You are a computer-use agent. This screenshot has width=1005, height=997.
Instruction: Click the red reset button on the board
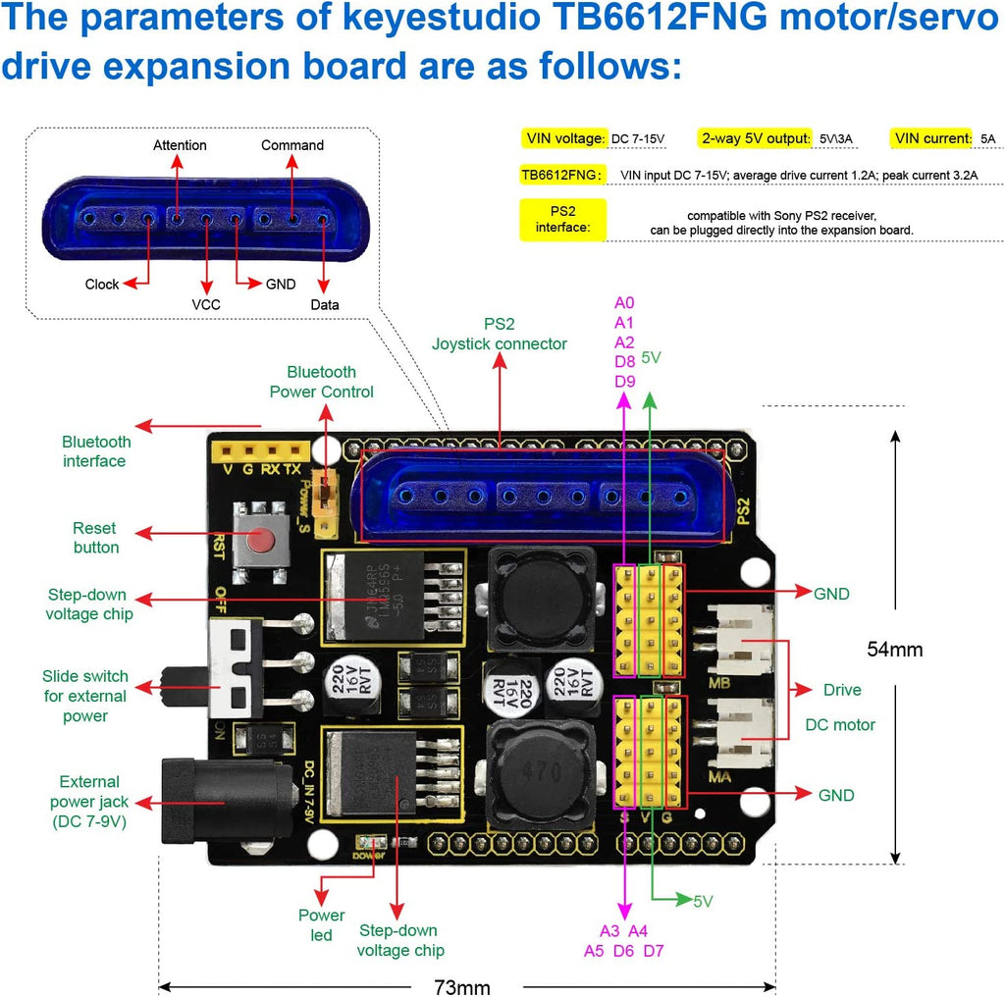tap(261, 541)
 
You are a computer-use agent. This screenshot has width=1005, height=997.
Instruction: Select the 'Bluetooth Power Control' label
tap(322, 382)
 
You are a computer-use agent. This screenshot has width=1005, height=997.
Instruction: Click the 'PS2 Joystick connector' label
tap(499, 334)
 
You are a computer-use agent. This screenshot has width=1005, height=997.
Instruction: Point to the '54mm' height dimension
tap(895, 649)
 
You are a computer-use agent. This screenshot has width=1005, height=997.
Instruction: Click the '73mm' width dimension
tap(461, 986)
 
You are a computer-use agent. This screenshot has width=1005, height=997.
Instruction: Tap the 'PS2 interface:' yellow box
tap(562, 219)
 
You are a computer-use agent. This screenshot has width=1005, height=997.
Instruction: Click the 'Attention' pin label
tap(180, 145)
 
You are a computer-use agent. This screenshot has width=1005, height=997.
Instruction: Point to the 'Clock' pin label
tap(102, 285)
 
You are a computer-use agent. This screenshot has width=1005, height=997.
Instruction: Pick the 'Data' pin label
tap(325, 304)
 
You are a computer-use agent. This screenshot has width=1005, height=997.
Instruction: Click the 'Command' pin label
tap(291, 145)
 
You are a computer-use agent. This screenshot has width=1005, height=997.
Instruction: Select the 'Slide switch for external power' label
tap(84, 696)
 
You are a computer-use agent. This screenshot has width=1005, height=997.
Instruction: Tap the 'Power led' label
tap(322, 925)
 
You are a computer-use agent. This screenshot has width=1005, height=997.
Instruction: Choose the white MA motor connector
tap(743, 736)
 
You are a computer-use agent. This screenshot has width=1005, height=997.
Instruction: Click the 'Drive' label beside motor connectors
tap(842, 690)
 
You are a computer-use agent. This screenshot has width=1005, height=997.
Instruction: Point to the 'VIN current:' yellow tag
tap(931, 138)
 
